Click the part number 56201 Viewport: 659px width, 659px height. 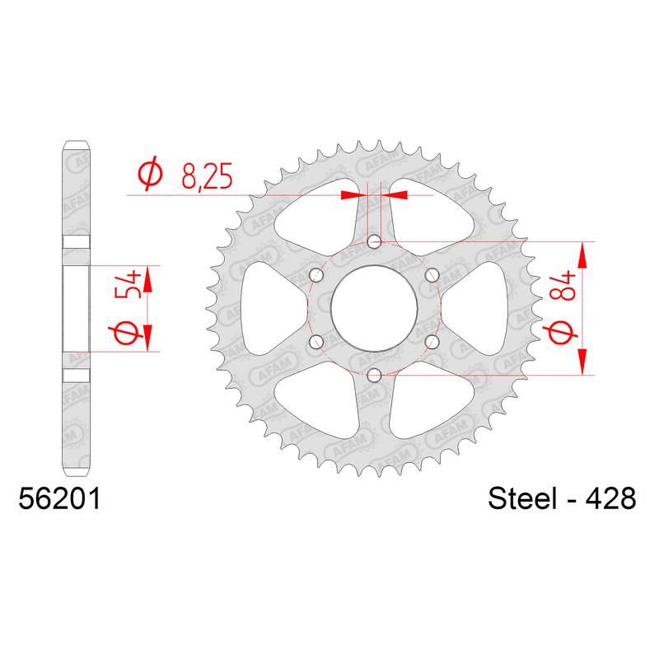(x=59, y=499)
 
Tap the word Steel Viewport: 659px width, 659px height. (x=521, y=499)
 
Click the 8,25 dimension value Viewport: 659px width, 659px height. (x=207, y=176)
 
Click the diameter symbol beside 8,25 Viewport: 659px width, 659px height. (x=150, y=173)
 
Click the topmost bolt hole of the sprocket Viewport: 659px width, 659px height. (x=374, y=242)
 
